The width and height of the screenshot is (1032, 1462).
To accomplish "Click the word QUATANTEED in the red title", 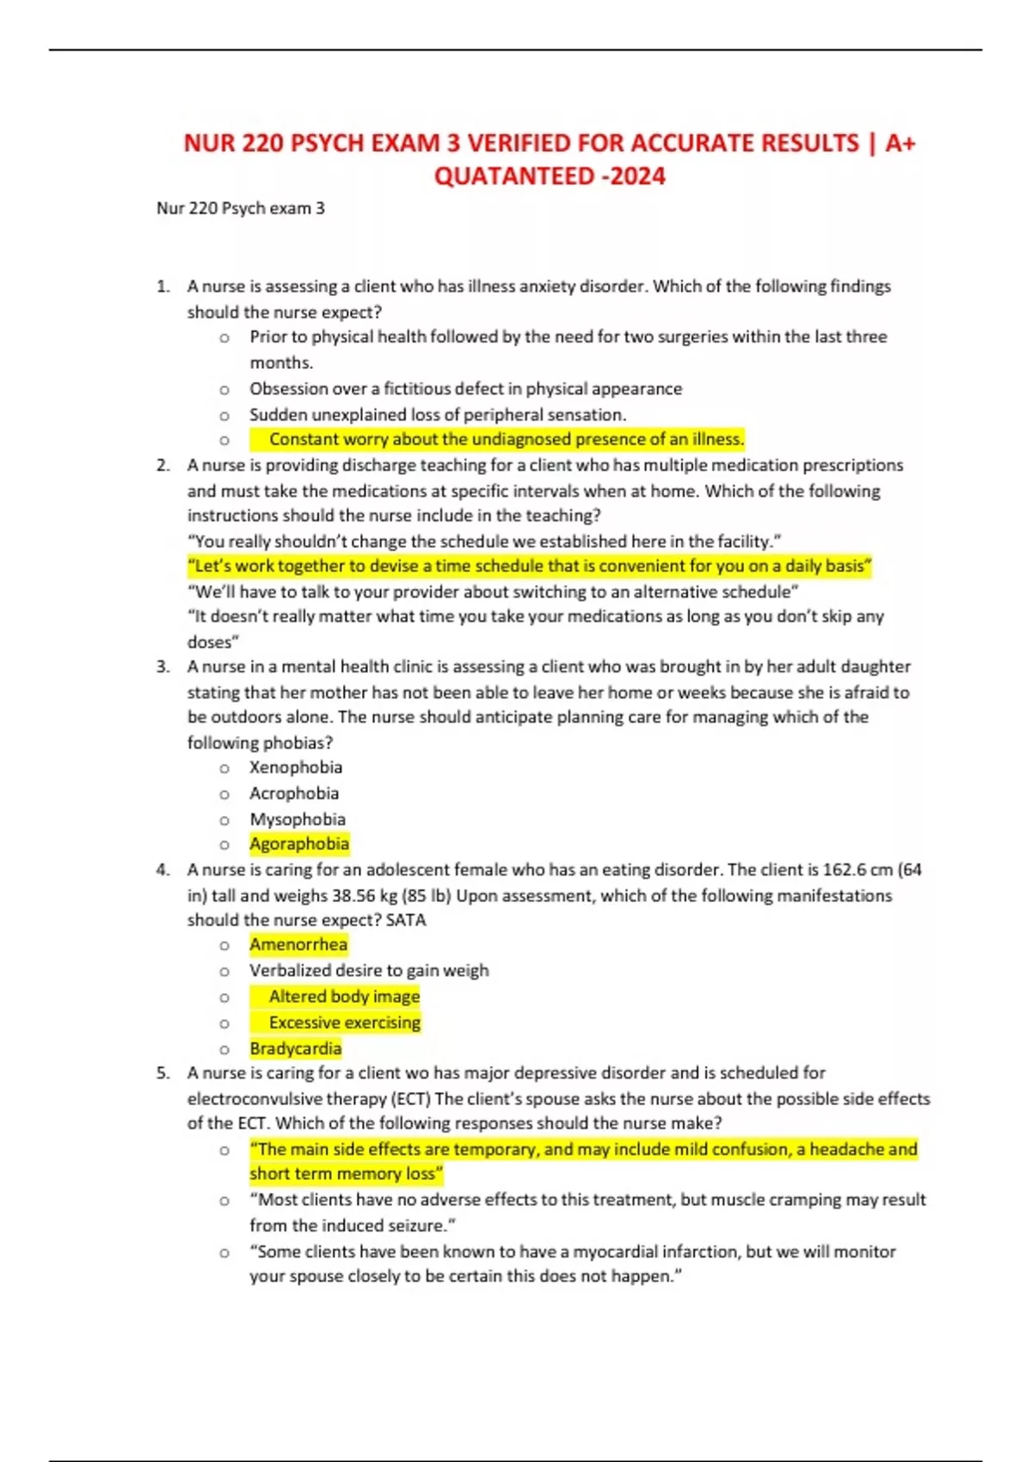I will (514, 176).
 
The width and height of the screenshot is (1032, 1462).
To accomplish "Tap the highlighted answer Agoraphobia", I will (299, 844).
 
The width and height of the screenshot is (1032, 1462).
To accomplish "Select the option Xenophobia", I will (296, 767).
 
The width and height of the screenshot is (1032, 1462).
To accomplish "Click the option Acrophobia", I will (294, 793).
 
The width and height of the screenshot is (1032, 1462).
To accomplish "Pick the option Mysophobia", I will (298, 819).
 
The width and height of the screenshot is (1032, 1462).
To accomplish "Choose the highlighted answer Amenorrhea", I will (298, 944).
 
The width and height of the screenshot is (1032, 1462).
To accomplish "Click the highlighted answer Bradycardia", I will (296, 1048).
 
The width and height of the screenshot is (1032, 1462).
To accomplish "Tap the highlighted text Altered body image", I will (344, 996).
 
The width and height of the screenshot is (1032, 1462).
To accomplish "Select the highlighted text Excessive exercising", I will (344, 1023).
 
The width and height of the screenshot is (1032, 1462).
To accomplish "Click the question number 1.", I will (163, 286).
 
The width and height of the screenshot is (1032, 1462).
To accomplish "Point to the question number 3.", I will (163, 666).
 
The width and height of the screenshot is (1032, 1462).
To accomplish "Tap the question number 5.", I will (163, 1072).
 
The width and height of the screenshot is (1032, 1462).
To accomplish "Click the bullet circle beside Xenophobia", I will (224, 769).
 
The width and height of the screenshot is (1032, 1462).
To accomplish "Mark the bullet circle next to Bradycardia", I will (224, 1050).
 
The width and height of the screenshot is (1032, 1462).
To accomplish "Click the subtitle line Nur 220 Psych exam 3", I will (241, 208).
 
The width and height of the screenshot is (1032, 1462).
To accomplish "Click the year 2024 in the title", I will (639, 176).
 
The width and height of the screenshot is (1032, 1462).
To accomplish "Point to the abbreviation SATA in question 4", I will (406, 919).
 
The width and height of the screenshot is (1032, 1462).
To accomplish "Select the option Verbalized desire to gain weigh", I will (369, 970).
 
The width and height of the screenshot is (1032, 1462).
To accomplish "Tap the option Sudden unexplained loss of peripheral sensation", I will (438, 415).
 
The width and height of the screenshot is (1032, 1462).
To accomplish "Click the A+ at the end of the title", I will (900, 143).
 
